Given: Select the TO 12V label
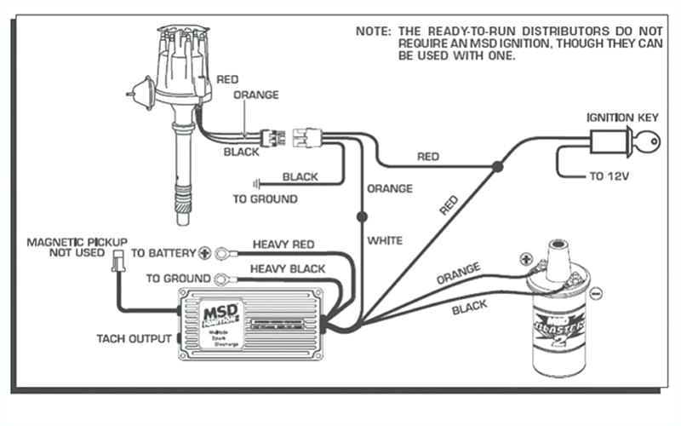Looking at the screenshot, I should pyautogui.click(x=612, y=178).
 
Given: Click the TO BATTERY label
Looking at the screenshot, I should pyautogui.click(x=162, y=253).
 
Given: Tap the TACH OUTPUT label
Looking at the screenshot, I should pyautogui.click(x=133, y=338).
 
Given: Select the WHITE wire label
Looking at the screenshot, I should pyautogui.click(x=385, y=240).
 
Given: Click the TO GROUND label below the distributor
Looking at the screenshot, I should pyautogui.click(x=265, y=199).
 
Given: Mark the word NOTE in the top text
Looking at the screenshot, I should pyautogui.click(x=371, y=32).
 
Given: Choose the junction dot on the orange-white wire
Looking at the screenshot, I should pyautogui.click(x=362, y=216).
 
